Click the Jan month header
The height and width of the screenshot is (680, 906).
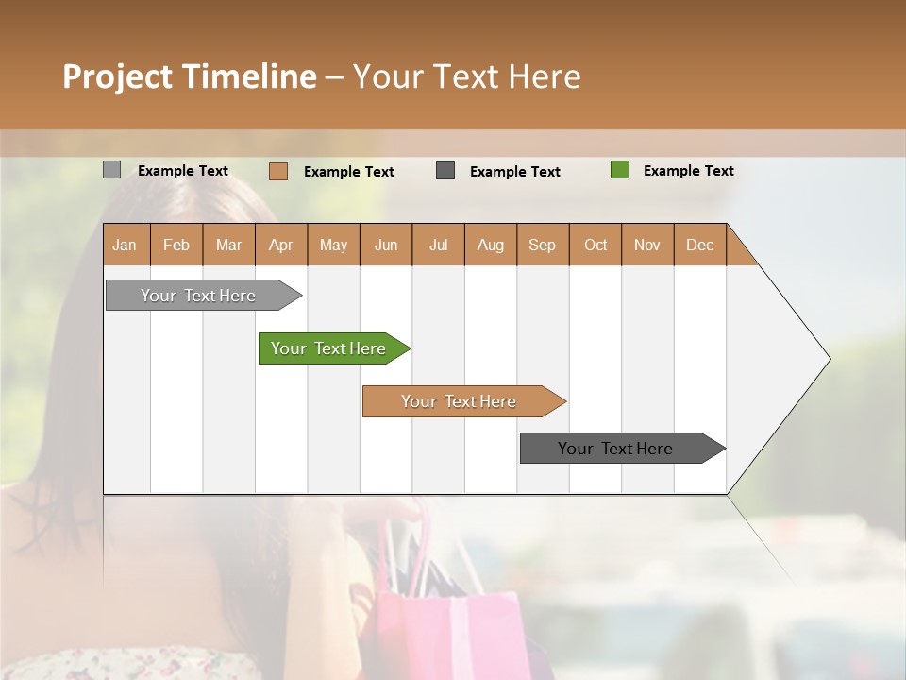click(126, 245)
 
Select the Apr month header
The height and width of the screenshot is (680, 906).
click(280, 245)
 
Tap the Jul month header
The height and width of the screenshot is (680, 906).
click(438, 245)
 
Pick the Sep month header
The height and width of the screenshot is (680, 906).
click(542, 245)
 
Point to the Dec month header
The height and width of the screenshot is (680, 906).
click(699, 245)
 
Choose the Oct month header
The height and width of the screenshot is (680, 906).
click(595, 245)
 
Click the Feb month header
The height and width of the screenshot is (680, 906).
click(176, 245)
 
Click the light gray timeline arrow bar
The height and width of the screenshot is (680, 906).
click(198, 296)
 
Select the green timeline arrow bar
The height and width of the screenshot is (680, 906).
click(328, 348)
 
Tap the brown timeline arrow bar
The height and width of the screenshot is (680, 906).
click(459, 401)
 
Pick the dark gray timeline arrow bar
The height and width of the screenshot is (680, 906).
click(615, 449)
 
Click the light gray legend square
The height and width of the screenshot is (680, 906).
click(111, 170)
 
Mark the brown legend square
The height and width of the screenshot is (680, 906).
click(277, 171)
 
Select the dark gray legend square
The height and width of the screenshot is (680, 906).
click(445, 170)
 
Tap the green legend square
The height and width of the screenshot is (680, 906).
click(619, 170)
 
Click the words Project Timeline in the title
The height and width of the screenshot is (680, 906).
click(189, 76)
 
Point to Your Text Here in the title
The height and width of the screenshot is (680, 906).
click(466, 76)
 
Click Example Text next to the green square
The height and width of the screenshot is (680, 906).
click(688, 171)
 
